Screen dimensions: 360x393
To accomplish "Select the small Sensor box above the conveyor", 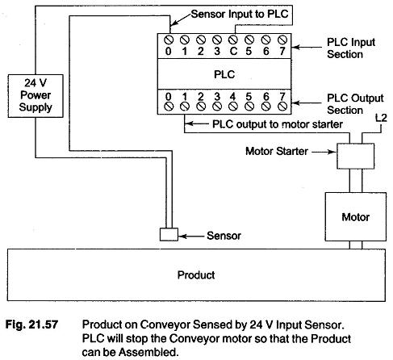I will click(x=169, y=234).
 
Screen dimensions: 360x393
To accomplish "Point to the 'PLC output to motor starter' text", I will click(x=266, y=124).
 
